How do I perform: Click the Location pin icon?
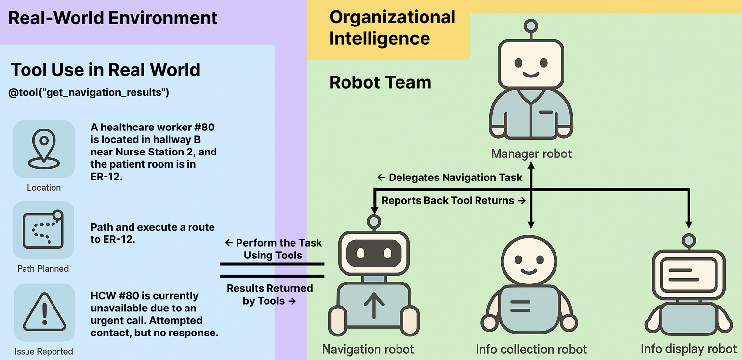(44, 149)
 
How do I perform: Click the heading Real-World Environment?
(113, 18)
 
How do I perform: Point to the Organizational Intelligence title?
(392, 27)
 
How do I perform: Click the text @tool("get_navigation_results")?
(89, 92)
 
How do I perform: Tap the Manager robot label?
(531, 154)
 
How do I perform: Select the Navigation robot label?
(368, 349)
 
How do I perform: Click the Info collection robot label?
(531, 349)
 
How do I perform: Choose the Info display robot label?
(689, 349)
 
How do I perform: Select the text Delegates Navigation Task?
(450, 178)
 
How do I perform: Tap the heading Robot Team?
(380, 82)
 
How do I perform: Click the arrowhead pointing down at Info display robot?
(689, 225)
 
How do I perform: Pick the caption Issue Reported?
(44, 351)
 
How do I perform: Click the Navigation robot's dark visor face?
(374, 254)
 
